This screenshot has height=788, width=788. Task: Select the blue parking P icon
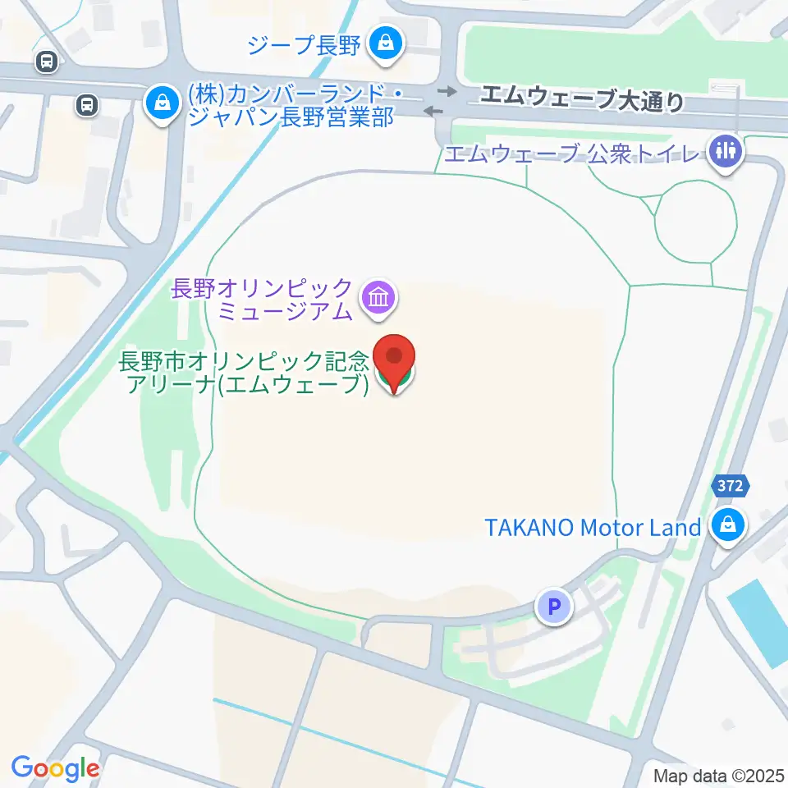coord(554,607)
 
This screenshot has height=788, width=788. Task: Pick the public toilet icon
coord(725,150)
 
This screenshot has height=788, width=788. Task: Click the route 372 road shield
coord(728,486)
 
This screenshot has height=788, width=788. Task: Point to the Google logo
coord(55,768)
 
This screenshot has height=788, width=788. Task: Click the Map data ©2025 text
coord(720,776)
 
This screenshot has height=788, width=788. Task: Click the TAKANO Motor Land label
coord(592,527)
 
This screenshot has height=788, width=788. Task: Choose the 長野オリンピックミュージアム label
coord(263,300)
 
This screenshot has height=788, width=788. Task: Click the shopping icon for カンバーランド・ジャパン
coord(163,103)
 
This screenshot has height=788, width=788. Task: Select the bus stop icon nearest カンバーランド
coord(86,104)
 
